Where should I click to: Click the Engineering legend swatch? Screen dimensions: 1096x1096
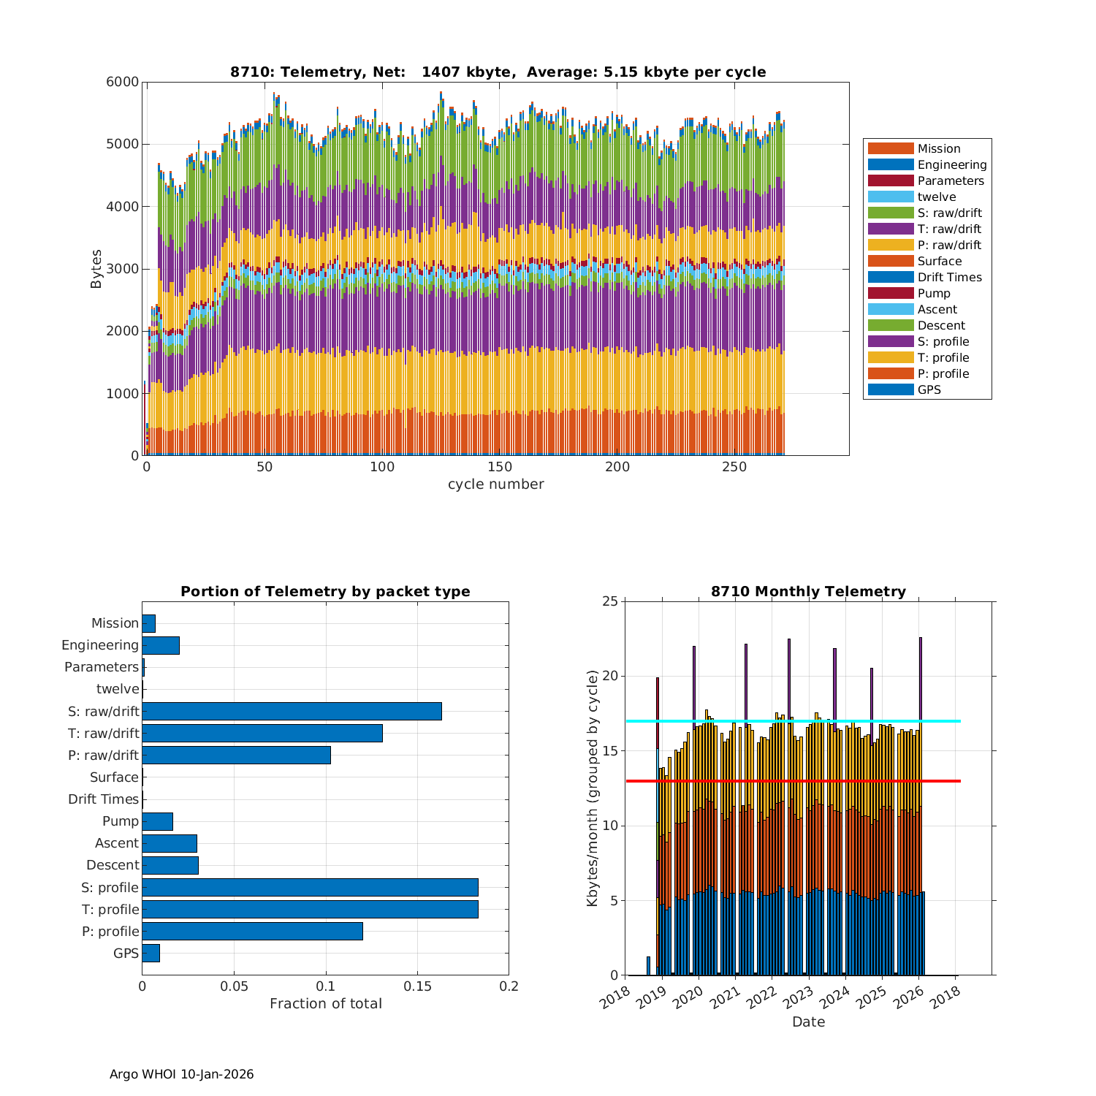pyautogui.click(x=891, y=165)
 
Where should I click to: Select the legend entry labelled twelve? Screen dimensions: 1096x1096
pyautogui.click(x=937, y=197)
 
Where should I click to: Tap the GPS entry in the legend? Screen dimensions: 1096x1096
pyautogui.click(x=929, y=390)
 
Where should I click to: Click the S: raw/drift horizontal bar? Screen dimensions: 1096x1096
pyautogui.click(x=292, y=712)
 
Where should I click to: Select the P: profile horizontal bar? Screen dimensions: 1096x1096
pyautogui.click(x=252, y=931)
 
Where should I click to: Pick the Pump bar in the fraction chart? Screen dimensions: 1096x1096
pyautogui.click(x=157, y=821)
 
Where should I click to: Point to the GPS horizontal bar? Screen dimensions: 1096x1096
pyautogui.click(x=151, y=953)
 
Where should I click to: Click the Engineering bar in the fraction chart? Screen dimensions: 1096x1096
pyautogui.click(x=161, y=645)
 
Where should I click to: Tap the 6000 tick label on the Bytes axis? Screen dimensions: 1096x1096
pyautogui.click(x=122, y=83)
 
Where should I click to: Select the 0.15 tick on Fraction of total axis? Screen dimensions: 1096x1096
pyautogui.click(x=417, y=986)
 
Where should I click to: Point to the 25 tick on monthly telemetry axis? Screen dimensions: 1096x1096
pyautogui.click(x=610, y=601)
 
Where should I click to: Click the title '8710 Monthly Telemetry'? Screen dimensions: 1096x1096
pyautogui.click(x=808, y=591)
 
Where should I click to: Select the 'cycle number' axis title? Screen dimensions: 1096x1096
pyautogui.click(x=495, y=484)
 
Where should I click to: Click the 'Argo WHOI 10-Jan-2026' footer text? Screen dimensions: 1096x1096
pyautogui.click(x=181, y=1074)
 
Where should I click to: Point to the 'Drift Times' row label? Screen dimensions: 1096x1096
pyautogui.click(x=103, y=799)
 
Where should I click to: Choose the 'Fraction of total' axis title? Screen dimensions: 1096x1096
pyautogui.click(x=325, y=1004)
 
